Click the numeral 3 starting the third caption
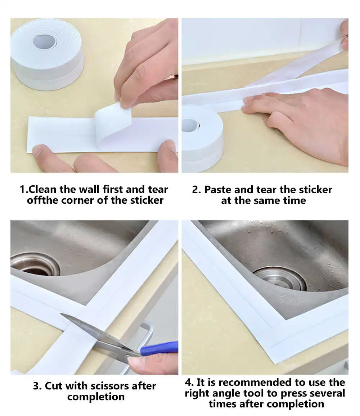click(36, 386)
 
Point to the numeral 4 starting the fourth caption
click(189, 382)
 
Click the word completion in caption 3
click(96, 397)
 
